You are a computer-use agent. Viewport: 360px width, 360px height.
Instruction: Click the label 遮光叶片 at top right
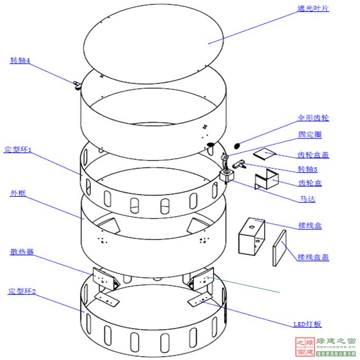pyautogui.click(x=313, y=8)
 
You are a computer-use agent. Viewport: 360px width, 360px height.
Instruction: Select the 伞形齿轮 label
pyautogui.click(x=313, y=118)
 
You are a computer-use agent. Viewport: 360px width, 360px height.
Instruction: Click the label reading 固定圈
pyautogui.click(x=310, y=134)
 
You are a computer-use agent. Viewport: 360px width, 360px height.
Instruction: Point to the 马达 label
pyautogui.click(x=307, y=199)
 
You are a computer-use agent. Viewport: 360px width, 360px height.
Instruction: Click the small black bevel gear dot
pyautogui.click(x=237, y=146)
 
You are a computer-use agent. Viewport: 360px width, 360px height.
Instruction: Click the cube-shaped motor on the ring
pyautogui.click(x=227, y=175)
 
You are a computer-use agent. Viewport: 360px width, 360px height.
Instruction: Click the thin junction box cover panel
pyautogui.click(x=280, y=248)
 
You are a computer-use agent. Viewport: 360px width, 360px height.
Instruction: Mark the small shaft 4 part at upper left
pyautogui.click(x=75, y=84)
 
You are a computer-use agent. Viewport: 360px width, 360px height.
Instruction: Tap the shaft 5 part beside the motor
pyautogui.click(x=239, y=163)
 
